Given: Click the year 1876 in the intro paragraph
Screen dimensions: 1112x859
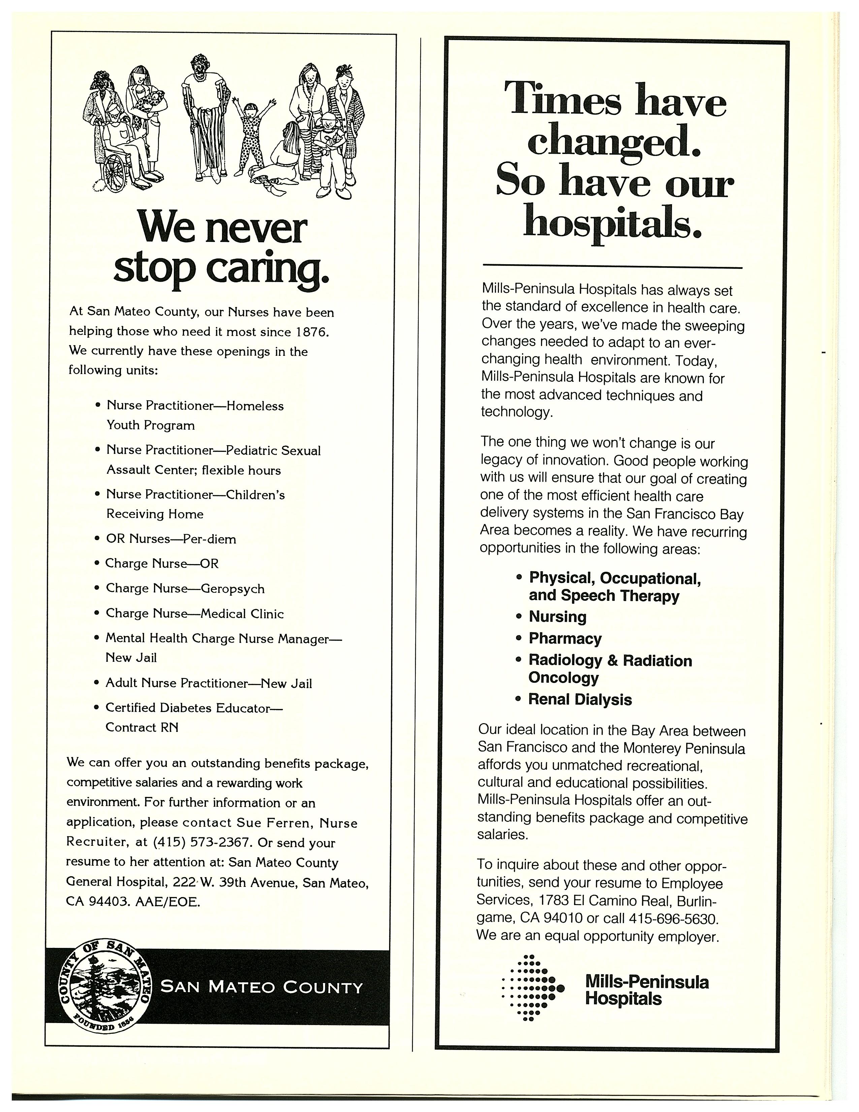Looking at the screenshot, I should [312, 332].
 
